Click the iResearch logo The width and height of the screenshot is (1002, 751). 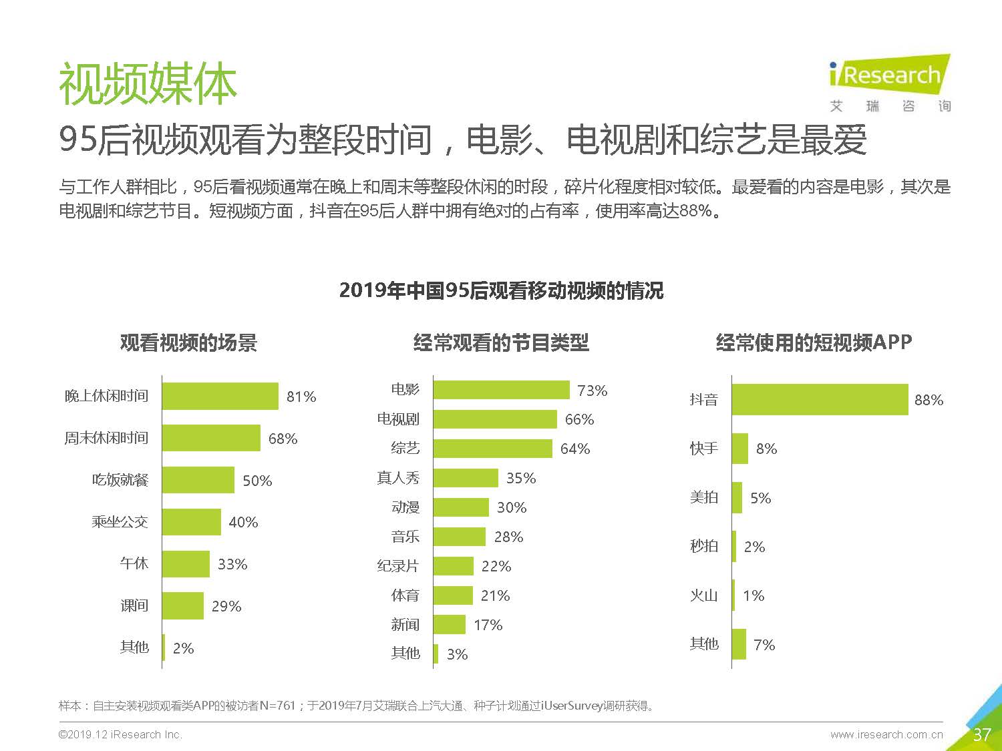889,83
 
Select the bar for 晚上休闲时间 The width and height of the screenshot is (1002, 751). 220,396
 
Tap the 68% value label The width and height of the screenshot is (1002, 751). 283,439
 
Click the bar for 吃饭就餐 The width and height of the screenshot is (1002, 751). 198,480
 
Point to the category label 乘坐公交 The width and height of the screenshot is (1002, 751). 120,522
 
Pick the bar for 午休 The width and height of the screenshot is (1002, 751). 186,564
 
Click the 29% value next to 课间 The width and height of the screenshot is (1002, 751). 226,606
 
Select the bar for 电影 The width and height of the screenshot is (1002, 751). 501,390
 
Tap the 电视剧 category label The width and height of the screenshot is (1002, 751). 398,419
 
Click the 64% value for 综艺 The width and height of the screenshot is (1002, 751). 575,449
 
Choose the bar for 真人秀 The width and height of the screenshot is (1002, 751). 466,478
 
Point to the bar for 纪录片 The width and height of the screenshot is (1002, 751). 453,566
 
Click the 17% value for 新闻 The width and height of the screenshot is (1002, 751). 488,625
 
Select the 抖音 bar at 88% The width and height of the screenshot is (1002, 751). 820,399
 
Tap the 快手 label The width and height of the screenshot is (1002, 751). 704,449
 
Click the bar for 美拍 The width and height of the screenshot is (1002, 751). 737,497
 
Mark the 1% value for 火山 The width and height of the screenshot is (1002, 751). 754,595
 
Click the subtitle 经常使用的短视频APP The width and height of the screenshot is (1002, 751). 814,342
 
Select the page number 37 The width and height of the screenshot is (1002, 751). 981,735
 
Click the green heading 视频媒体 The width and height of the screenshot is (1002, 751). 148,85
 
